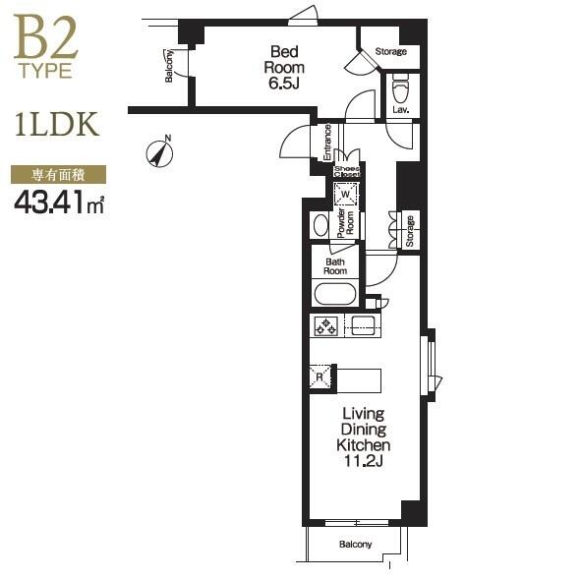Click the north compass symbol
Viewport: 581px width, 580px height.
(159, 153)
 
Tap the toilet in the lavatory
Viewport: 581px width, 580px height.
(400, 88)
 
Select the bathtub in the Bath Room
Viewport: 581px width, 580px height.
(335, 294)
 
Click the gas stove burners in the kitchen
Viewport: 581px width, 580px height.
(326, 326)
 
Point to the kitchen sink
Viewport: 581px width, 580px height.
(363, 325)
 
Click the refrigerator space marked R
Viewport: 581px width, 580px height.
(320, 377)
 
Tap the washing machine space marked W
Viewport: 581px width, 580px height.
(345, 195)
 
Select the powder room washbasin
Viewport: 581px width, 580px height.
(320, 225)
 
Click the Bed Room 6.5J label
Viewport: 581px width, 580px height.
(284, 68)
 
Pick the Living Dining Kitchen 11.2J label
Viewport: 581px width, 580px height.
(363, 437)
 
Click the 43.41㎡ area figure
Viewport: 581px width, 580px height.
(59, 203)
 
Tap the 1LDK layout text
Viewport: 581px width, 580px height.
(57, 124)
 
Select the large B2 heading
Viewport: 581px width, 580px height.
(45, 37)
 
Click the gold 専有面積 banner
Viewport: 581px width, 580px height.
(59, 175)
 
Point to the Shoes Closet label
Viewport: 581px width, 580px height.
(347, 172)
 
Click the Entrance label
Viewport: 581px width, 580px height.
(327, 143)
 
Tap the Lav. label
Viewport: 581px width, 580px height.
(401, 110)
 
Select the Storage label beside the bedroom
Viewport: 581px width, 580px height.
(391, 51)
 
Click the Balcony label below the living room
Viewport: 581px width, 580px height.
(355, 545)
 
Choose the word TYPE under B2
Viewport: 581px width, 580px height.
(46, 71)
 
